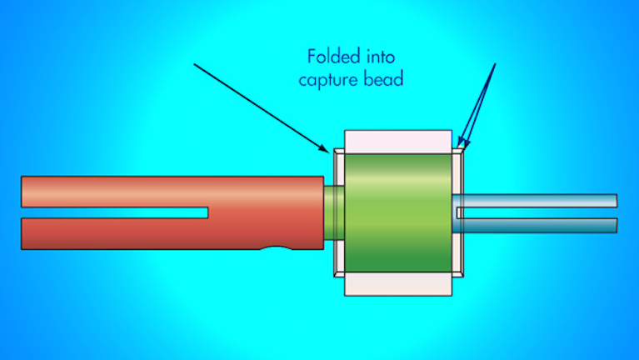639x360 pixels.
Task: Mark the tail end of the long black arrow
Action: [193, 64]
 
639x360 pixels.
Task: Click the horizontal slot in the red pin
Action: [125, 212]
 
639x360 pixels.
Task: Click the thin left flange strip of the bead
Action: [337, 212]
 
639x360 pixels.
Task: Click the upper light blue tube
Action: [542, 200]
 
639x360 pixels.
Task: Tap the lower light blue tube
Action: [542, 225]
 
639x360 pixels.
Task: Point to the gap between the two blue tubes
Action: [542, 212]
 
